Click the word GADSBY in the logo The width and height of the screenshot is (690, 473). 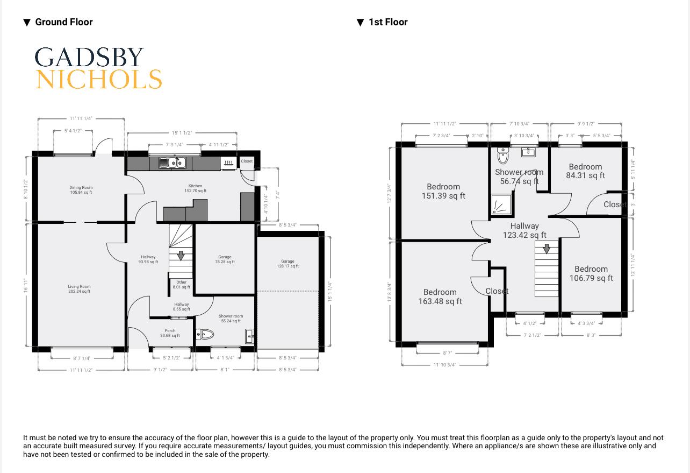coord(89,57)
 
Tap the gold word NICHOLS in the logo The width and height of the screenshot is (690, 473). coord(99,79)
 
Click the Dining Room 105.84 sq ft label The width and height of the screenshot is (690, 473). coord(81,190)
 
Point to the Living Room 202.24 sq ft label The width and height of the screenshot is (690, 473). coord(79,289)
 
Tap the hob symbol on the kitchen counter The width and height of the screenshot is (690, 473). coord(228,162)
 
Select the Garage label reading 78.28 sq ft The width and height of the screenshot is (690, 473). coord(225,259)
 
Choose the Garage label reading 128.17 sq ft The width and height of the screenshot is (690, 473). coord(287,264)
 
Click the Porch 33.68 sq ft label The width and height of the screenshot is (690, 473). coord(170,333)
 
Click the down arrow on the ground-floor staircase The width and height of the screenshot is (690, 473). coord(181,256)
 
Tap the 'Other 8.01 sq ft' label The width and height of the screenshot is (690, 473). coord(182,285)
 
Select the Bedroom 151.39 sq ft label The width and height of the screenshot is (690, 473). coord(443,192)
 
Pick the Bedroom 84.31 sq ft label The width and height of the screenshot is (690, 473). coord(585,171)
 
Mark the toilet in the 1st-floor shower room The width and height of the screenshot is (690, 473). coord(503,157)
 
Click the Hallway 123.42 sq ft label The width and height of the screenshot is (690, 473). coord(524,230)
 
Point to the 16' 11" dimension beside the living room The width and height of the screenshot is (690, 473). coord(25,285)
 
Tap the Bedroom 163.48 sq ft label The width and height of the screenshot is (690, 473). coord(440,296)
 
